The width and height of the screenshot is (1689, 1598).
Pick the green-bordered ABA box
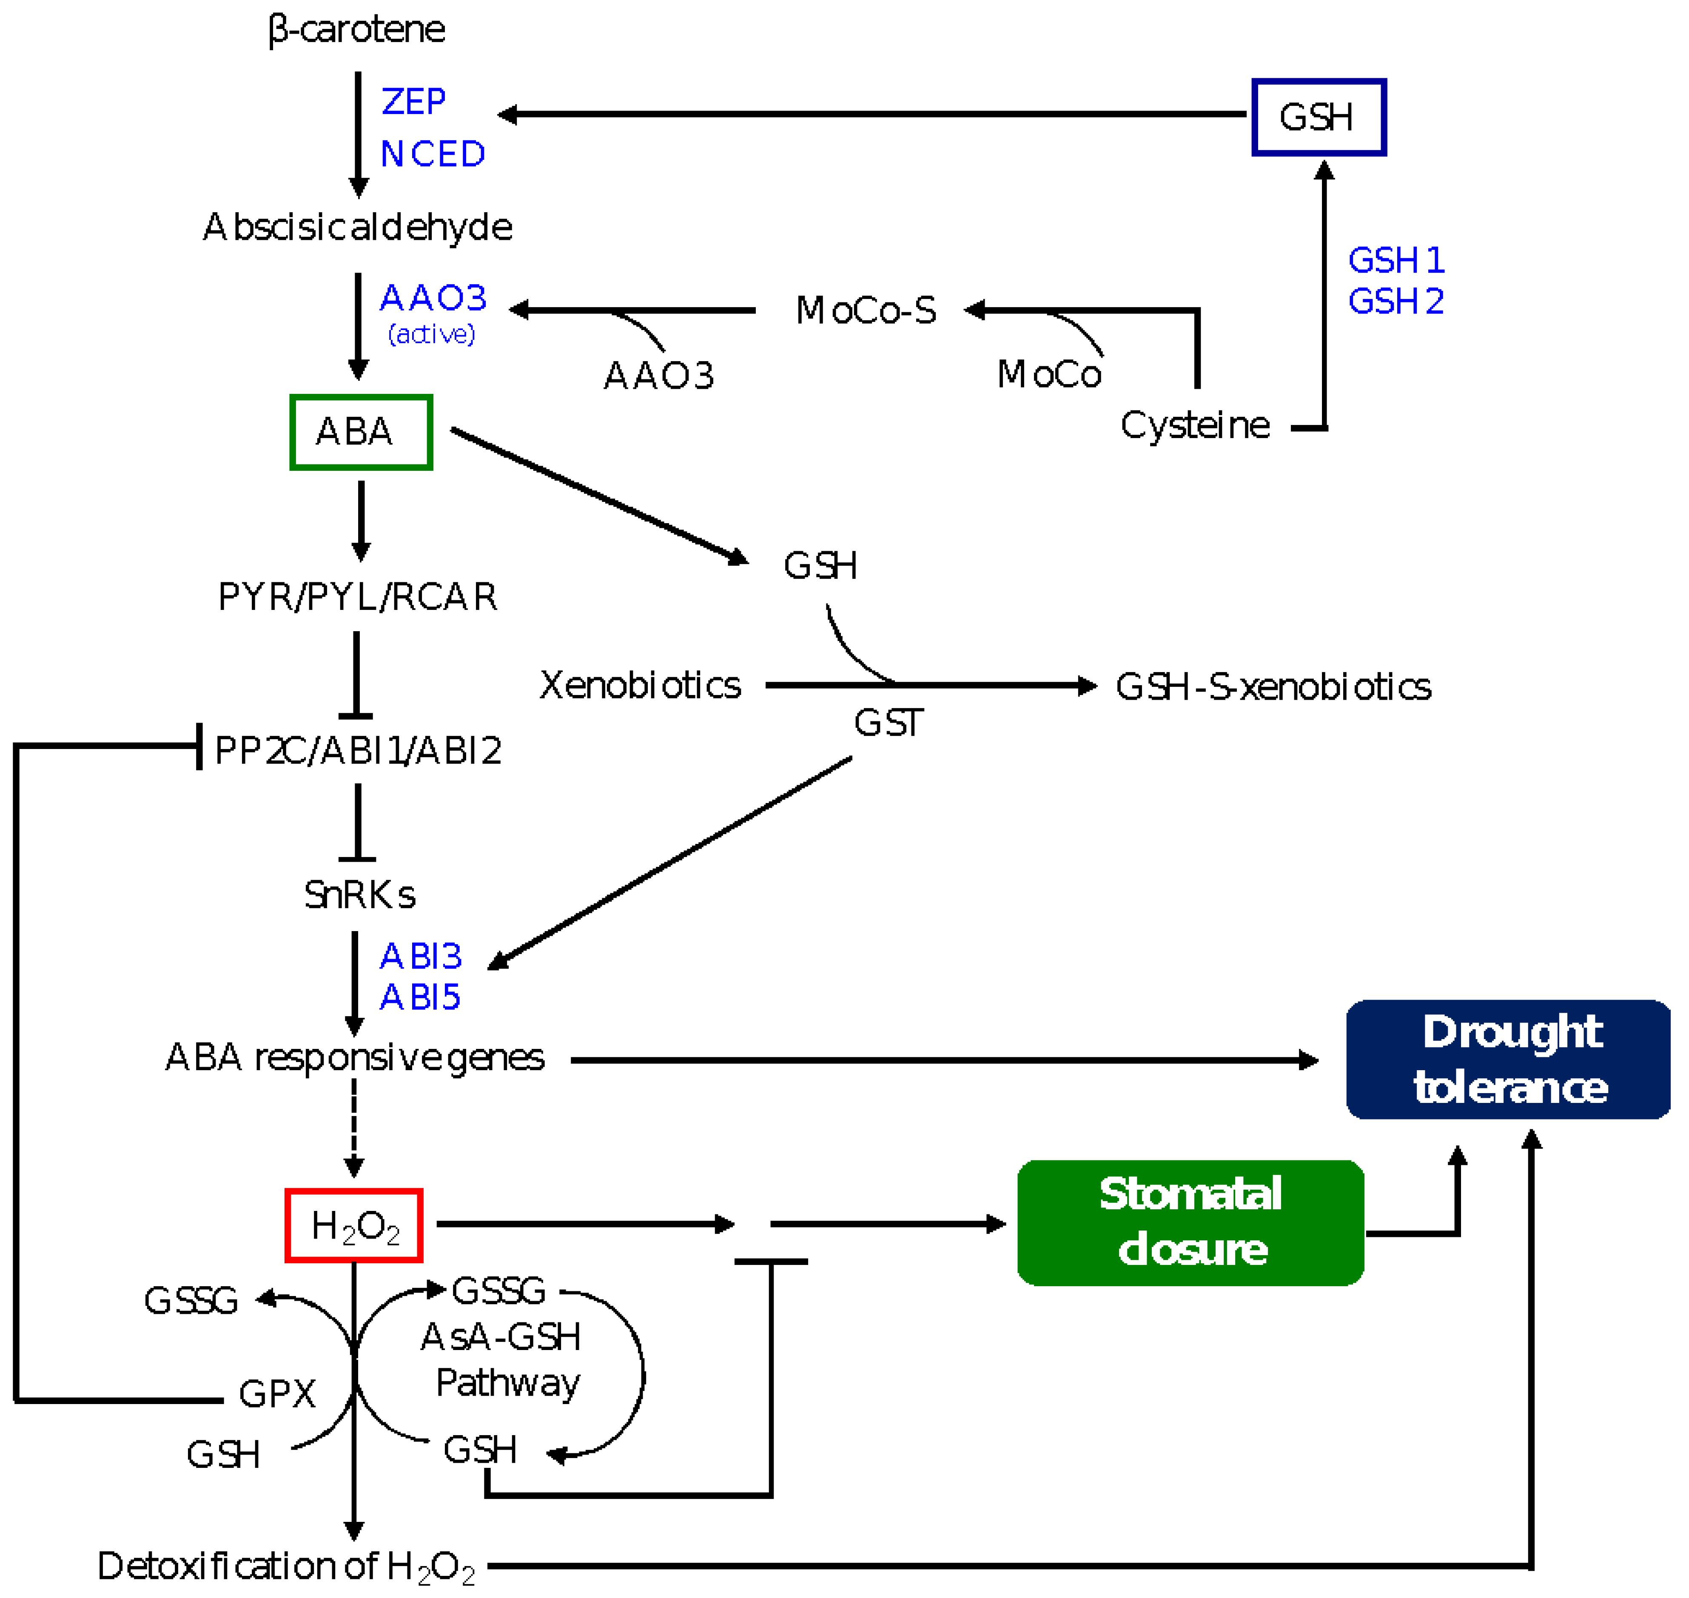[x=361, y=432]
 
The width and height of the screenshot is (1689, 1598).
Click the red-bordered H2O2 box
[x=354, y=1226]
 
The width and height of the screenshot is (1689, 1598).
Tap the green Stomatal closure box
[x=1191, y=1222]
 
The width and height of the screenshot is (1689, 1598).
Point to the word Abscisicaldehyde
[x=358, y=228]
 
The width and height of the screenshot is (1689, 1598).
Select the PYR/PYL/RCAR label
[x=358, y=597]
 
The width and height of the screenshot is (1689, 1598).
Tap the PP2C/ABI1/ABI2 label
[x=358, y=750]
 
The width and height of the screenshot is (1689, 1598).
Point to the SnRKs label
[x=359, y=894]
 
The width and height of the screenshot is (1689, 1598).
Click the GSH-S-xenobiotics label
[x=1273, y=686]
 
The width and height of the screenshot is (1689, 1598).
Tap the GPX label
[x=277, y=1394]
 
